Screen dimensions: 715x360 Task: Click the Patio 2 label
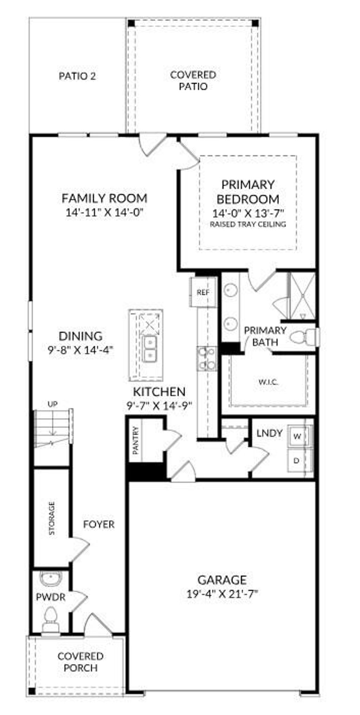77,76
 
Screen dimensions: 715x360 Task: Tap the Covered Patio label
193,81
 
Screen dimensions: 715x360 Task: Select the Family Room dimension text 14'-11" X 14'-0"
105,213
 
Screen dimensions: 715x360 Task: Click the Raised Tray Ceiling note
248,224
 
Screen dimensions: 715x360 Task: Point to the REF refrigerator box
203,292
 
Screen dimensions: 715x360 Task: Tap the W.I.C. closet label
269,382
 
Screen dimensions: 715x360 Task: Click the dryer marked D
297,460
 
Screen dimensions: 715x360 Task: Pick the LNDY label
269,433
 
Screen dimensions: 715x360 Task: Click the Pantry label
136,440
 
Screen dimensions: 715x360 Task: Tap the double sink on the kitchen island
150,348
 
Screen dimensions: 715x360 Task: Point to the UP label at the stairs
52,404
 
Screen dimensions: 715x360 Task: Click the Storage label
52,518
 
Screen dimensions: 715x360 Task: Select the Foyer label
99,524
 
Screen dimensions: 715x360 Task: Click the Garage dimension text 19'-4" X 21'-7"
222,594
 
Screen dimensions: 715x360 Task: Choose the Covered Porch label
81,662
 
